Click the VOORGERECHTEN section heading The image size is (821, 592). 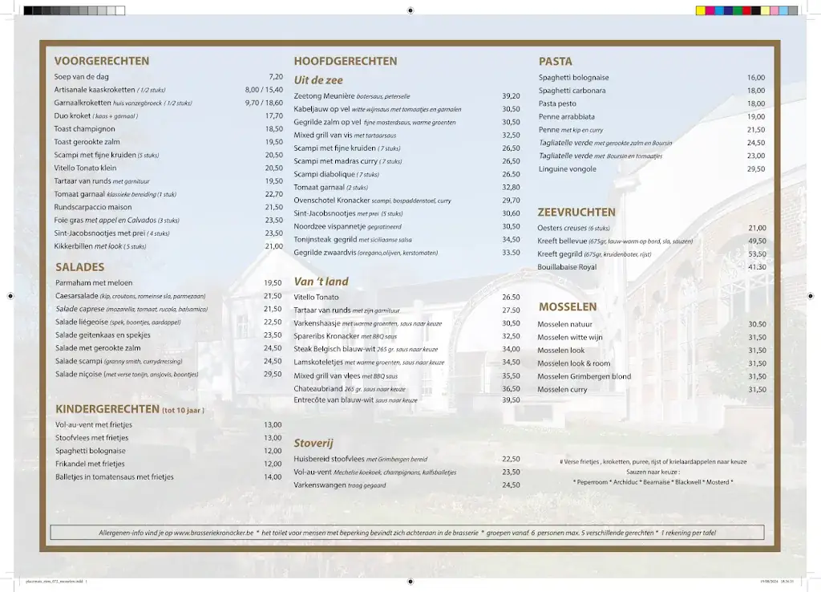101,61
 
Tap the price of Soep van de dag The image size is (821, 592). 275,77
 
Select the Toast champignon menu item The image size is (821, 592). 84,128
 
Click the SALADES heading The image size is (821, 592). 79,267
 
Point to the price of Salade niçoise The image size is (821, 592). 273,374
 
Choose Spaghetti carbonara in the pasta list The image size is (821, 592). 572,91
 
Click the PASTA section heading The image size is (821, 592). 555,62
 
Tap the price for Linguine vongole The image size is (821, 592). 755,169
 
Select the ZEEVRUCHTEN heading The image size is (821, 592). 576,213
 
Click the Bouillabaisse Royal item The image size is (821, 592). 567,267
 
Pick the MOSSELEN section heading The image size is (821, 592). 567,307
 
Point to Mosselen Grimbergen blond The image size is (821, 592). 584,376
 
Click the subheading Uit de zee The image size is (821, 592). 317,80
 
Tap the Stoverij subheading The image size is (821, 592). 313,443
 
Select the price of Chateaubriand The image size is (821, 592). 511,388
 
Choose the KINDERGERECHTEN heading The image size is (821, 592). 107,409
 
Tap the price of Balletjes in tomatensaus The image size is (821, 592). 273,477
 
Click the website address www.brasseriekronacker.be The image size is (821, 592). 213,533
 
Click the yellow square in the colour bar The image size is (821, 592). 700,10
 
